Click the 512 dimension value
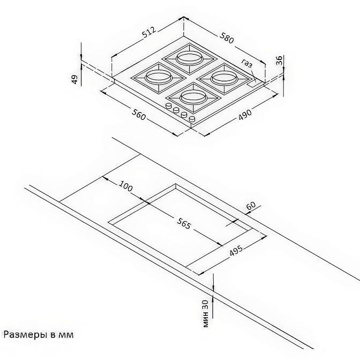pos(149,32)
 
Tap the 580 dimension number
pos(227,38)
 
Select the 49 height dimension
pos(75,79)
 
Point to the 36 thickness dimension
pos(279,60)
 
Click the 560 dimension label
pos(139,115)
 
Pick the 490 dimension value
pos(245,114)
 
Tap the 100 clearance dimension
pos(125,186)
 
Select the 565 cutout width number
pos(183,223)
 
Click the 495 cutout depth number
pos(236,251)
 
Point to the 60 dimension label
pos(251,205)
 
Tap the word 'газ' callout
pos(247,63)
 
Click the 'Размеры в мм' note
pos(39,335)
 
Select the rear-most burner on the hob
pos(190,58)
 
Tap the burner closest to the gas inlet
pos(224,79)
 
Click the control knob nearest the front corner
pos(192,119)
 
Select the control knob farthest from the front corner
pos(169,106)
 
